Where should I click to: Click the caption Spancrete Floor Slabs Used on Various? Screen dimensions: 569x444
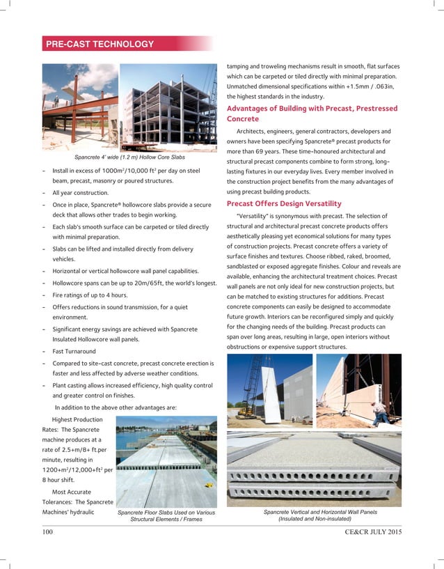(x=166, y=513)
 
